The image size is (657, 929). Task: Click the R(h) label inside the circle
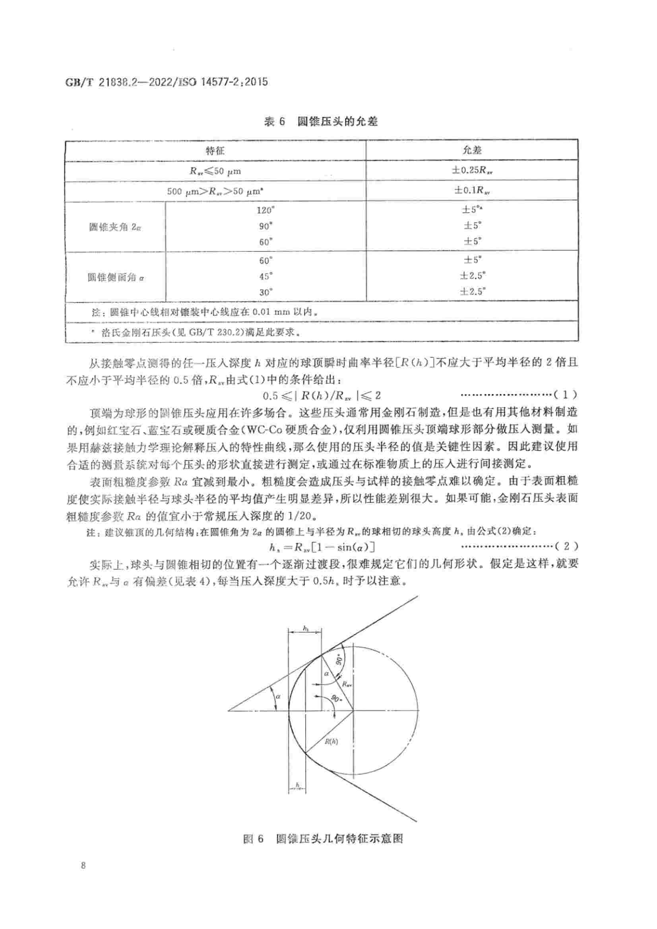pyautogui.click(x=331, y=742)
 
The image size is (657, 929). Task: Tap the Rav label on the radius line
pyautogui.click(x=347, y=684)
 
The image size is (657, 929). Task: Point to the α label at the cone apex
pyautogui.click(x=278, y=696)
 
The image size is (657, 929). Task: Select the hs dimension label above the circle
pyautogui.click(x=306, y=628)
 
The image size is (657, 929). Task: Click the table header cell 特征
pyautogui.click(x=215, y=151)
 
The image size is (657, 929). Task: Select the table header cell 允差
pyautogui.click(x=472, y=150)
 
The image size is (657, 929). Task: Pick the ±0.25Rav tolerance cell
pyautogui.click(x=472, y=170)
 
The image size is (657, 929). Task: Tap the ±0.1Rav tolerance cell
pyautogui.click(x=472, y=190)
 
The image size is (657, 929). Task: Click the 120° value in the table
pyautogui.click(x=266, y=210)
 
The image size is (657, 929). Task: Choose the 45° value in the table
pyautogui.click(x=266, y=276)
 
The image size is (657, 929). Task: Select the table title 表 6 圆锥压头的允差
pyautogui.click(x=321, y=122)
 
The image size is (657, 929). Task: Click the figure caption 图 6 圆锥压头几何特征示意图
pyautogui.click(x=323, y=838)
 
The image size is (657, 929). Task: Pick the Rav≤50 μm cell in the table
pyautogui.click(x=215, y=171)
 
